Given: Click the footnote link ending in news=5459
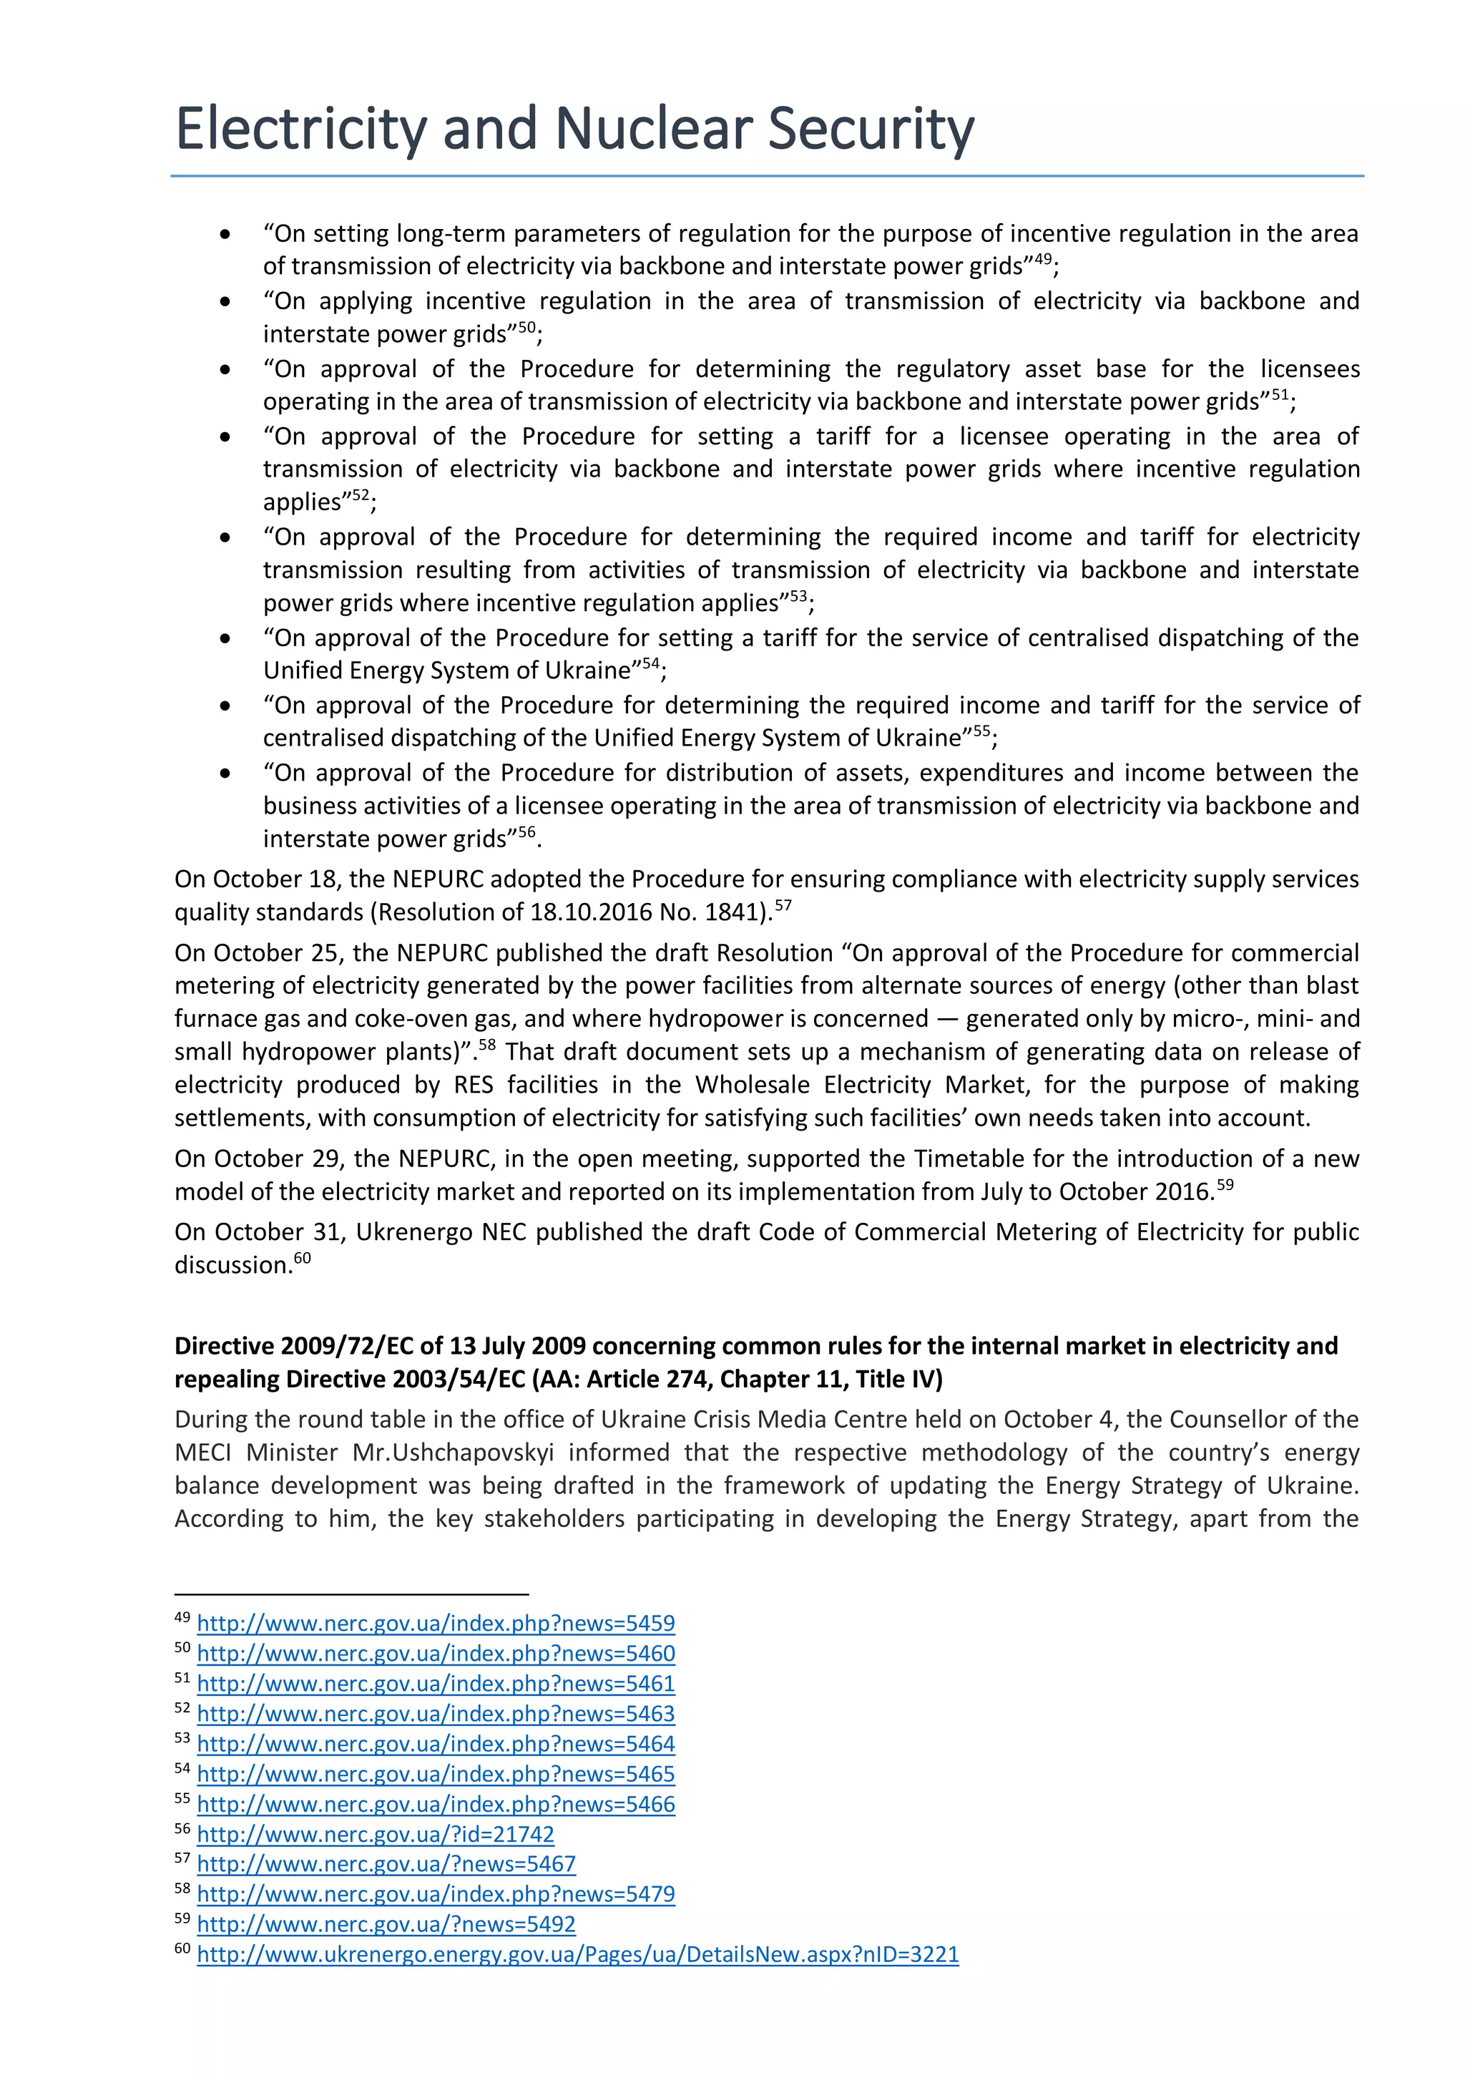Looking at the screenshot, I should point(435,1622).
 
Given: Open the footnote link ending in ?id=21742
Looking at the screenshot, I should point(375,1834).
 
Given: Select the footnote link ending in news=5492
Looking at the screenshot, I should point(386,1924).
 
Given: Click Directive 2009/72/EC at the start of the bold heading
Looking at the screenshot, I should point(294,1346).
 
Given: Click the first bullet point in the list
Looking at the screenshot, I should point(225,235).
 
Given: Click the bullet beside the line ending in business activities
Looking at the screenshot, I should point(225,774).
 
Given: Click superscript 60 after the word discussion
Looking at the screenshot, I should point(303,1258).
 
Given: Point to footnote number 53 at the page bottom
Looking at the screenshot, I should point(182,1738).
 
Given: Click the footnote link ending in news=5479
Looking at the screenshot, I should point(435,1894).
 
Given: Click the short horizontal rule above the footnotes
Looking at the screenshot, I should point(351,1594).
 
